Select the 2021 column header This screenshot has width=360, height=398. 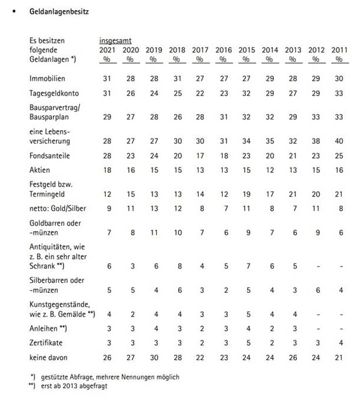[x=108, y=50]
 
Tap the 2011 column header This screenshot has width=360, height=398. [x=339, y=50]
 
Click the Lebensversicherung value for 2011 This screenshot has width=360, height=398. [x=339, y=140]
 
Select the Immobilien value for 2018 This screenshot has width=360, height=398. [x=177, y=78]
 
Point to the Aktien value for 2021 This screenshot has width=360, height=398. [x=108, y=170]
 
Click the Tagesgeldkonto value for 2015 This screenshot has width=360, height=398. [x=247, y=94]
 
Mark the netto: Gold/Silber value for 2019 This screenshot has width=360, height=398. [x=154, y=209]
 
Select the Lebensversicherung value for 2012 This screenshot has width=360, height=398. [x=316, y=140]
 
